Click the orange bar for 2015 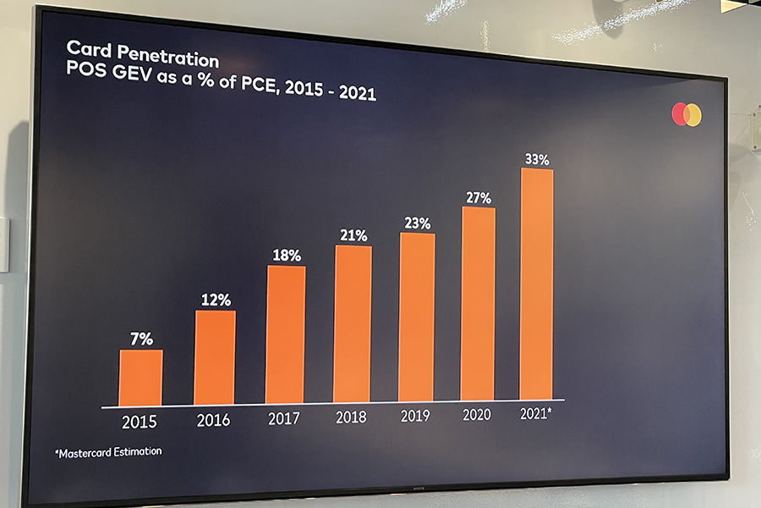point(140,378)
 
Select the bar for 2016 point(215,357)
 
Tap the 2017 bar point(286,334)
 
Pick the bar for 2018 point(353,323)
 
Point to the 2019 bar point(417,317)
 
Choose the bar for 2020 point(479,303)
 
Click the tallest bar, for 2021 point(537,284)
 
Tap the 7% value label point(142,340)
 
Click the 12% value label point(215,300)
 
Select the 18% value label point(287,255)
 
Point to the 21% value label point(353,235)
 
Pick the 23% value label point(418,224)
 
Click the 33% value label point(537,158)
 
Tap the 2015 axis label point(139,422)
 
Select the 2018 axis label point(352,417)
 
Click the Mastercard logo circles point(687,114)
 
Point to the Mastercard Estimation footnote point(108,452)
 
